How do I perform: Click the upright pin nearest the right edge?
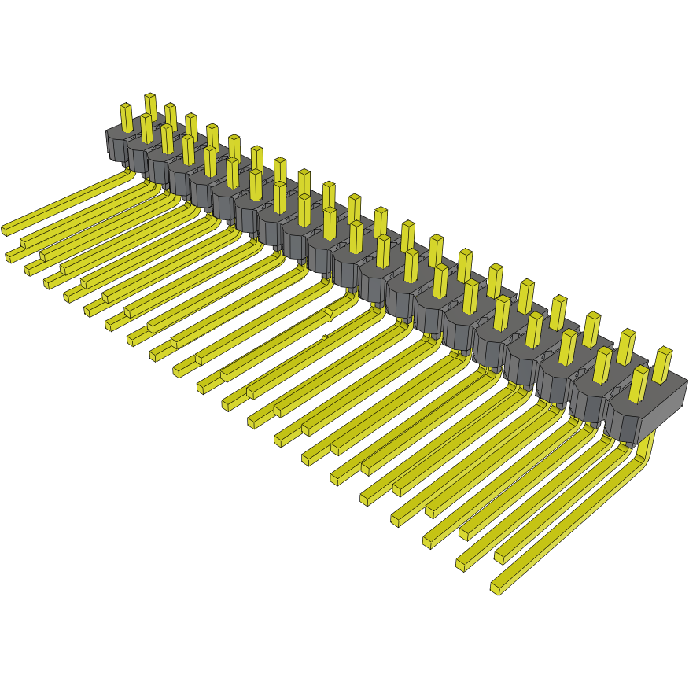coord(662,363)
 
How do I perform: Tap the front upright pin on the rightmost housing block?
coord(638,384)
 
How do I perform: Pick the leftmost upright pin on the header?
coord(126,118)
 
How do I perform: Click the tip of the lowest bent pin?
coord(496,587)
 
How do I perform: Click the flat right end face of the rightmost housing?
coord(669,410)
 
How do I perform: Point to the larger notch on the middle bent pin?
coord(329,314)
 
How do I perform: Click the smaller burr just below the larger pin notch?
coord(324,338)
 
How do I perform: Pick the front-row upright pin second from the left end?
coord(146,128)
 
